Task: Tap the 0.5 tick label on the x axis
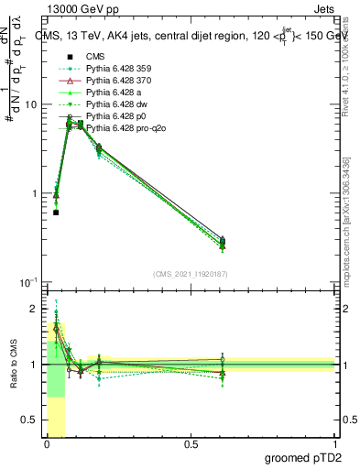(191, 444)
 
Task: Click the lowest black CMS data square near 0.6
(56, 213)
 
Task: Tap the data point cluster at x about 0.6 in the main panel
(223, 242)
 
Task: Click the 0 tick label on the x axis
(47, 444)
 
